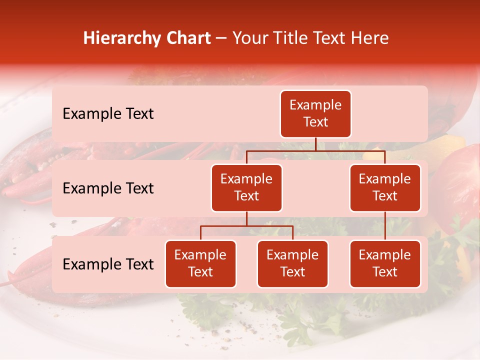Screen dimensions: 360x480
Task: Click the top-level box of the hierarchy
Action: tap(315, 114)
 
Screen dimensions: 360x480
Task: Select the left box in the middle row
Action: tap(246, 187)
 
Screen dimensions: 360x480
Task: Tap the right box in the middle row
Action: tap(385, 187)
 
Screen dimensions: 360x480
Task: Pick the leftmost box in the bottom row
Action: tap(200, 263)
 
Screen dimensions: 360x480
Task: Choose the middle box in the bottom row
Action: tap(292, 263)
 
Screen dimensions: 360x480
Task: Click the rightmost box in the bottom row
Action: tap(385, 263)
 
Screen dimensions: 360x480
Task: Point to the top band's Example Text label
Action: tap(108, 114)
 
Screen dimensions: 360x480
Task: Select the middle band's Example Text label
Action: tap(108, 188)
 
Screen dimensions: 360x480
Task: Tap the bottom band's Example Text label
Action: tap(108, 264)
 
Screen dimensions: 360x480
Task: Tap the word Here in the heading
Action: tap(370, 38)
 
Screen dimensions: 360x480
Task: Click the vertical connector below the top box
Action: tap(315, 144)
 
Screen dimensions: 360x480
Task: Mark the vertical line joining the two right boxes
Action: tap(385, 226)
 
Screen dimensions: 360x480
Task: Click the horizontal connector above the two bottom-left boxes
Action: tap(246, 226)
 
